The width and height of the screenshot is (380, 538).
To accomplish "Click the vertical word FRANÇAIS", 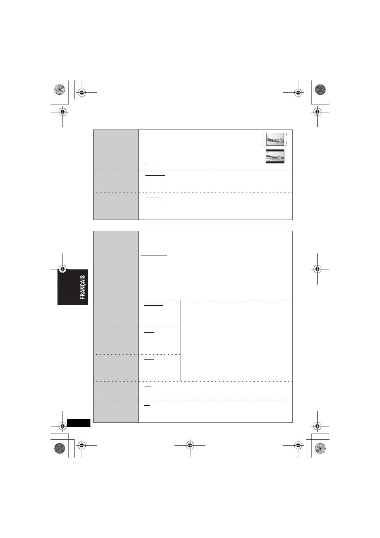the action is click(82, 287).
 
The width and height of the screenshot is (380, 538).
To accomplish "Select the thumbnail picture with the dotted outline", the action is click(275, 139).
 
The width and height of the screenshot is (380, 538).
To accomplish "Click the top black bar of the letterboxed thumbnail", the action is click(275, 150).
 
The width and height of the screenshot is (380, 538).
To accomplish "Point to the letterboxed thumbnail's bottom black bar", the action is click(275, 162).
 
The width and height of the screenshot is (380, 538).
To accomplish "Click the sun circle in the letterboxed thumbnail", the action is click(268, 153).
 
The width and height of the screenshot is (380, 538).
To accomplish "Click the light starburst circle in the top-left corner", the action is click(59, 90).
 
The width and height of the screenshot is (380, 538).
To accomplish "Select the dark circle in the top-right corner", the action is click(320, 90).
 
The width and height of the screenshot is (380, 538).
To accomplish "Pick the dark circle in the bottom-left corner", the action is click(59, 448).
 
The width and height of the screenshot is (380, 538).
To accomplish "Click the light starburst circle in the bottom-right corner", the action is click(320, 448).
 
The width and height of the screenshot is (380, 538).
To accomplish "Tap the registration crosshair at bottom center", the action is click(190, 446).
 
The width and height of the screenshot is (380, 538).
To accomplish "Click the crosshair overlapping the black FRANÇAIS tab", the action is click(63, 269).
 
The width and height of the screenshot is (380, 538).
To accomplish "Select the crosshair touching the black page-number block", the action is click(63, 426).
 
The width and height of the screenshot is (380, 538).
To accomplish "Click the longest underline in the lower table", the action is click(154, 255).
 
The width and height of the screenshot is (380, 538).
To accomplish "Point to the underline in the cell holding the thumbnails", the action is click(150, 164).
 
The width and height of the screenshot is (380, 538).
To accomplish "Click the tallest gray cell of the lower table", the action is click(116, 265).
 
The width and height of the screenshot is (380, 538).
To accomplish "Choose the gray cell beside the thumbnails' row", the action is click(116, 150).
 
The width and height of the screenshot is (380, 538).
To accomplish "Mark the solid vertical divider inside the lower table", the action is click(180, 341).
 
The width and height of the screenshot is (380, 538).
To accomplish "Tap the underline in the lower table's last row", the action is click(147, 405).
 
